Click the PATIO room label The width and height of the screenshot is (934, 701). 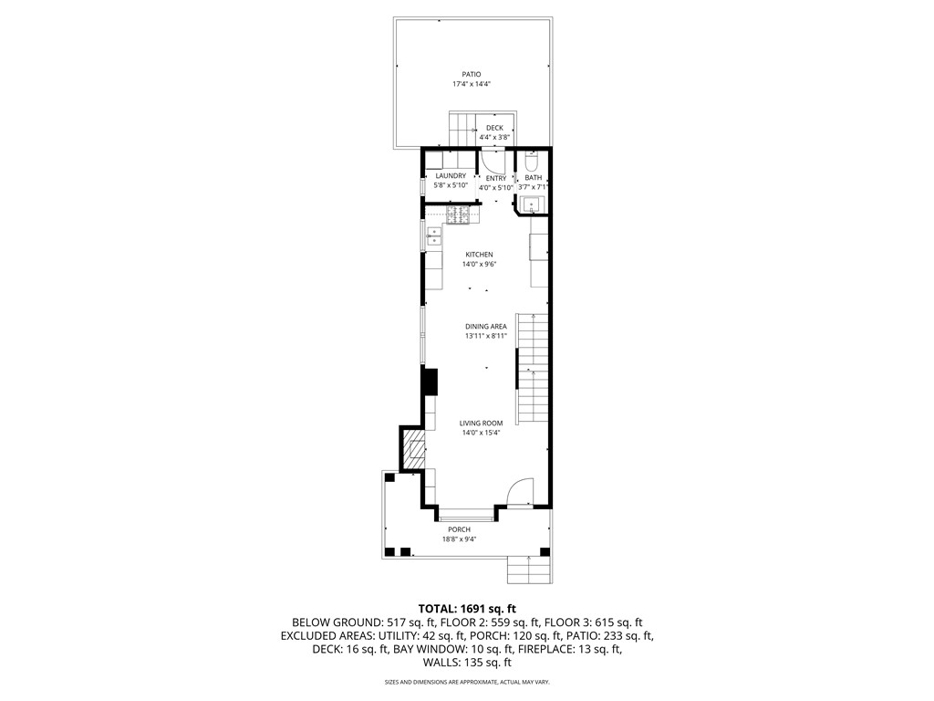[x=472, y=74]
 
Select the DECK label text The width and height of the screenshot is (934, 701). [x=493, y=128]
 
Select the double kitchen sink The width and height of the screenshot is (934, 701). [x=433, y=237]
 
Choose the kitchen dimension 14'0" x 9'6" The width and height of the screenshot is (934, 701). [x=479, y=265]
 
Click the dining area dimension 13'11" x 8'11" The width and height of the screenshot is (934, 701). [x=485, y=336]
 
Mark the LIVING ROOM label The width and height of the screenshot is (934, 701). [x=481, y=424]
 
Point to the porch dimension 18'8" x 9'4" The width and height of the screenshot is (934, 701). [x=459, y=539]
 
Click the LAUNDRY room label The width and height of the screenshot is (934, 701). [x=451, y=175]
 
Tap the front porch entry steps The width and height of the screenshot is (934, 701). [x=530, y=570]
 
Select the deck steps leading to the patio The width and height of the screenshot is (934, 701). [x=464, y=126]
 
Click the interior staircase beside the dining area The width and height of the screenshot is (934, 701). [x=533, y=370]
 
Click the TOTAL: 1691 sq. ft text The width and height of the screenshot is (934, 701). [x=467, y=607]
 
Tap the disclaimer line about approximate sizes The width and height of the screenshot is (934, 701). [x=467, y=682]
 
